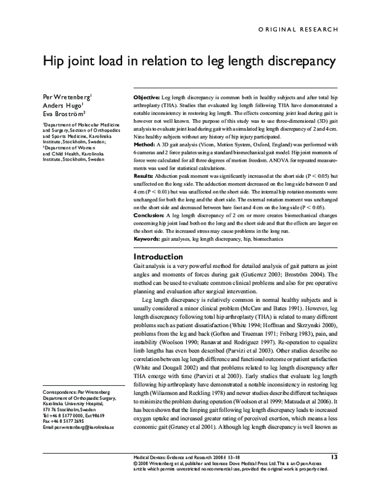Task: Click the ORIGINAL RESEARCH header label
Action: (298, 30)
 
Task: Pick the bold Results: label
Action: (144, 177)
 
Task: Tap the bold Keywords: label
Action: (147, 238)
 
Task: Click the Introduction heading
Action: (158, 256)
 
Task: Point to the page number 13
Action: (334, 457)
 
